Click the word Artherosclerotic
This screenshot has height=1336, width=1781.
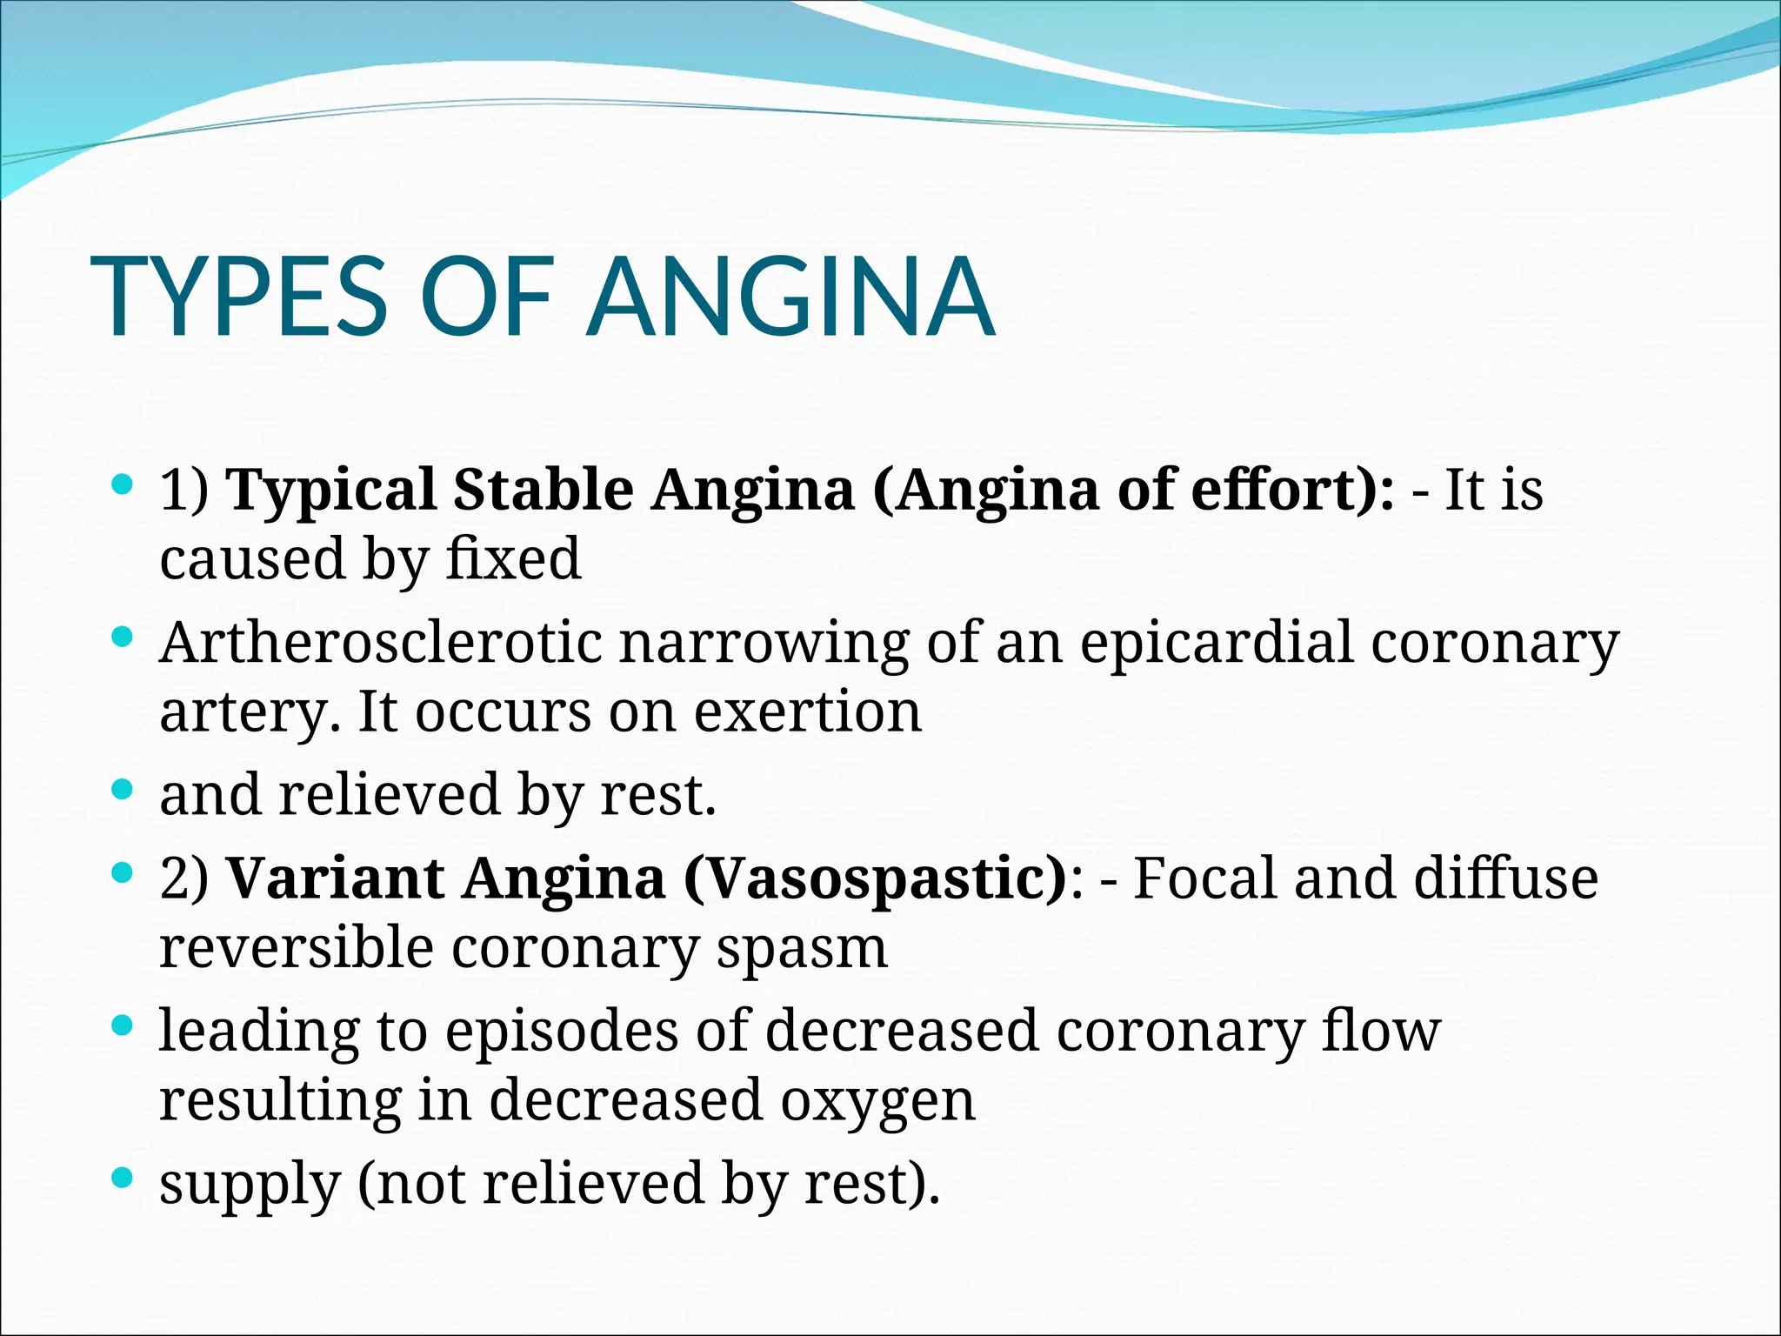[x=381, y=643]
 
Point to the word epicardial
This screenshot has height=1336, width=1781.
[x=1217, y=643]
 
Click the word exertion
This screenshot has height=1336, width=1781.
[x=807, y=711]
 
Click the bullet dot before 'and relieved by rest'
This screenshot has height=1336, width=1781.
[x=123, y=790]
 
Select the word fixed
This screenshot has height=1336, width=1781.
[x=513, y=558]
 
